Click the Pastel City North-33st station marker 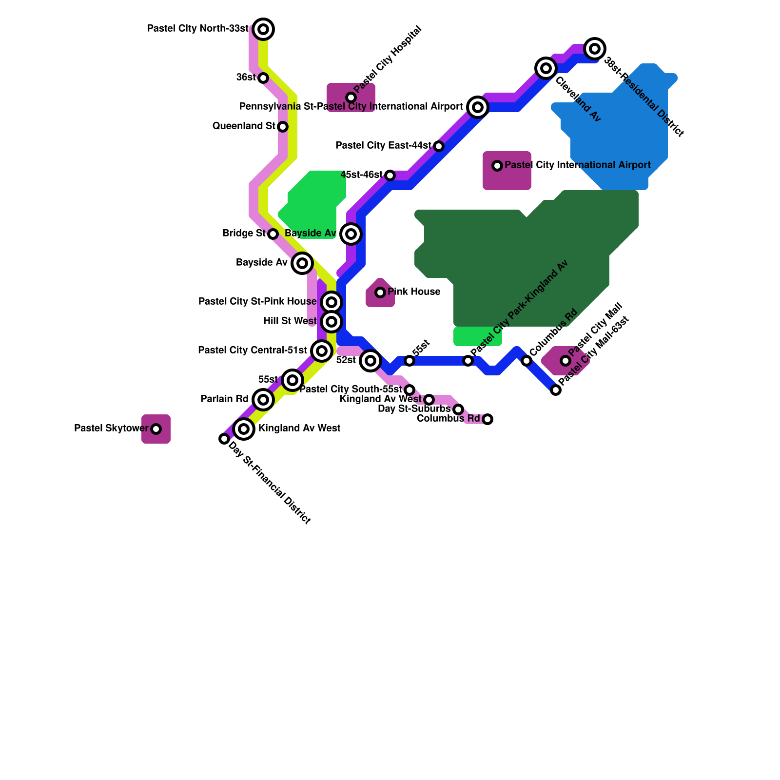tap(263, 29)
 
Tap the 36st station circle tap(263, 78)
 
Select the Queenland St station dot tap(283, 127)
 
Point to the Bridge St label tap(244, 234)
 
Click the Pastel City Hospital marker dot tap(351, 97)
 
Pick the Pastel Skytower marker tap(156, 429)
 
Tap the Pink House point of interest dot tap(380, 292)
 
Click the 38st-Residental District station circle tap(595, 49)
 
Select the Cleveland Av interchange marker tap(546, 68)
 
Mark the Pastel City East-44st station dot tap(439, 146)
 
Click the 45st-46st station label tap(362, 175)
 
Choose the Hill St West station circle tap(331, 322)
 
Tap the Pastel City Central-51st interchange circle tap(322, 351)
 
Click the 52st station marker tap(370, 361)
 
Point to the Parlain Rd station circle tap(263, 400)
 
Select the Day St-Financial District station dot tap(224, 439)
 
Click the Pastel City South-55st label tap(351, 390)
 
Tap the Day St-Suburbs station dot tap(458, 409)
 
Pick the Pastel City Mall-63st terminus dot tap(556, 390)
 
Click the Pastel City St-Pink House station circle tap(331, 302)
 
